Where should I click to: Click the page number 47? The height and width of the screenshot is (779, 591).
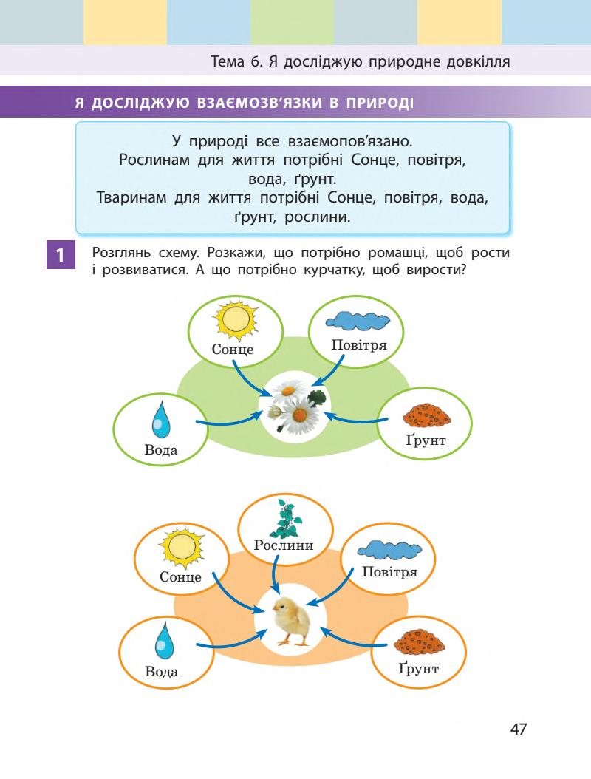[x=519, y=729]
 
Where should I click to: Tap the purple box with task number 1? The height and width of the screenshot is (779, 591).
[x=59, y=256]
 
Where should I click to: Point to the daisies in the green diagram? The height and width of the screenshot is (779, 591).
[x=296, y=407]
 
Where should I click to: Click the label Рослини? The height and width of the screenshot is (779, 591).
[x=284, y=546]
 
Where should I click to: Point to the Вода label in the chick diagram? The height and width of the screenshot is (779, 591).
[x=162, y=672]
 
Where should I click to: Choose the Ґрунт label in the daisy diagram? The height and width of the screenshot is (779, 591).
[x=427, y=443]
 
